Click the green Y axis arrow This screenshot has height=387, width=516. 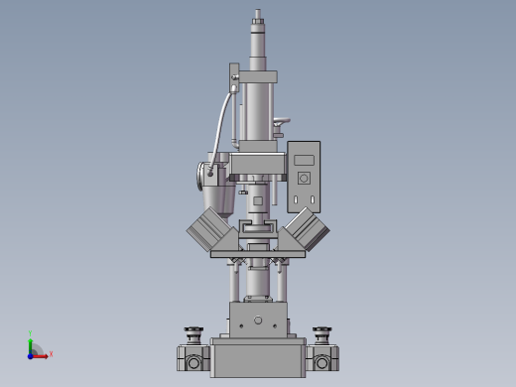[x=31, y=342]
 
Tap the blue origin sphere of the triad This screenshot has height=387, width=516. [x=32, y=354]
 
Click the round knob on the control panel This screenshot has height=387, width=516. [x=304, y=179]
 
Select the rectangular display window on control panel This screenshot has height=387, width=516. [x=304, y=160]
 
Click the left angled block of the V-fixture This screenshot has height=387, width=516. [x=210, y=231]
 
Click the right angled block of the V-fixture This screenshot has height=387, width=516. [x=306, y=231]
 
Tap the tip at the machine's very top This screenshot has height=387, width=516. [x=258, y=14]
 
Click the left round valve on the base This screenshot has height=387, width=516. [x=193, y=362]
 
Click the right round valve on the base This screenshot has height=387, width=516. [x=322, y=362]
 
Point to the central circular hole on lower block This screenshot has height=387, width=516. [x=258, y=320]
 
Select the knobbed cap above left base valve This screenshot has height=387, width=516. [x=193, y=333]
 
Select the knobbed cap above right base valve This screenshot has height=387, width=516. [x=322, y=333]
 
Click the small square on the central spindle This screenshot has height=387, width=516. [x=258, y=200]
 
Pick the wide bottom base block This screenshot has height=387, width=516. [x=258, y=359]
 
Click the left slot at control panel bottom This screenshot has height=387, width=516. [x=297, y=200]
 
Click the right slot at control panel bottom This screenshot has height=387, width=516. [x=312, y=200]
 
